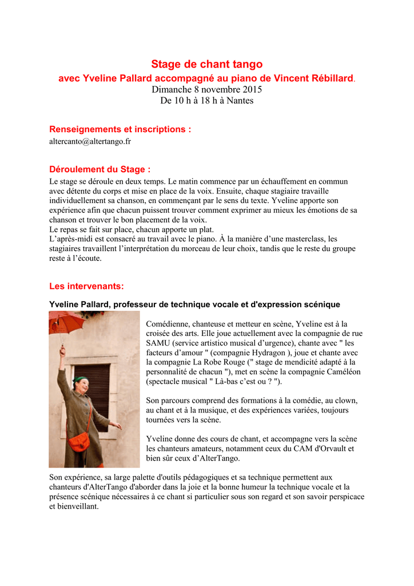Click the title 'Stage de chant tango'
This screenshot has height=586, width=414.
click(x=206, y=64)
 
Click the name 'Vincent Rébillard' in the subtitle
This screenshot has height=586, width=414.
click(x=311, y=78)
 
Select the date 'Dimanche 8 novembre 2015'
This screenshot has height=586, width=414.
click(x=206, y=89)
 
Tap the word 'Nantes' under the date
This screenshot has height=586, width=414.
click(x=240, y=101)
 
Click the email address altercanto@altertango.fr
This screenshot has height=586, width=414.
click(x=90, y=141)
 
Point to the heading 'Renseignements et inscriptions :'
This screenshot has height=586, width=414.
click(x=120, y=129)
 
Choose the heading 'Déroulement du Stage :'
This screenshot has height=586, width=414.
click(x=100, y=169)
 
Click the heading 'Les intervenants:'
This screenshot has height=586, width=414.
click(x=86, y=286)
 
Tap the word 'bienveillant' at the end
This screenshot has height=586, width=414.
click(x=73, y=506)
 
